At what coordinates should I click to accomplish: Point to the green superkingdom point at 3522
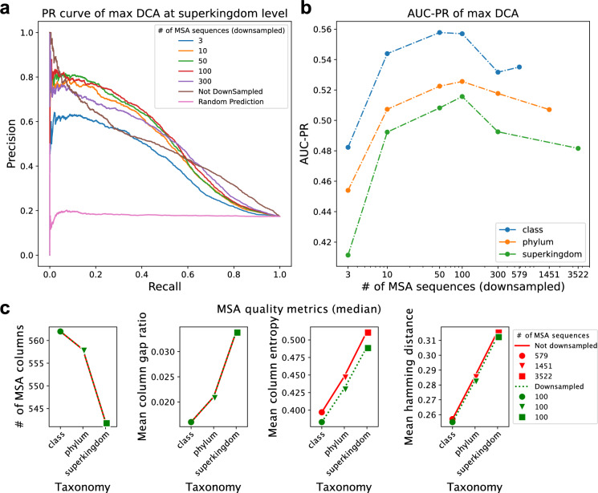coord(578,148)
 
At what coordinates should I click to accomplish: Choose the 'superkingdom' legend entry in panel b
coord(549,254)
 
